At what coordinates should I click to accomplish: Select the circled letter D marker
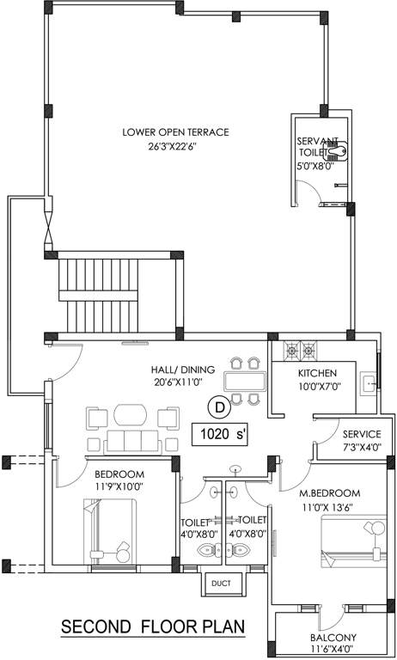pyautogui.click(x=219, y=405)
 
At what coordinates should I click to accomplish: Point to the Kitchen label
pyautogui.click(x=317, y=373)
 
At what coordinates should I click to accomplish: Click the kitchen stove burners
pyautogui.click(x=298, y=350)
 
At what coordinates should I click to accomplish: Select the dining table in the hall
pyautogui.click(x=245, y=380)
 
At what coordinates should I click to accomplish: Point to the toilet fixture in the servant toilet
pyautogui.click(x=339, y=155)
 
